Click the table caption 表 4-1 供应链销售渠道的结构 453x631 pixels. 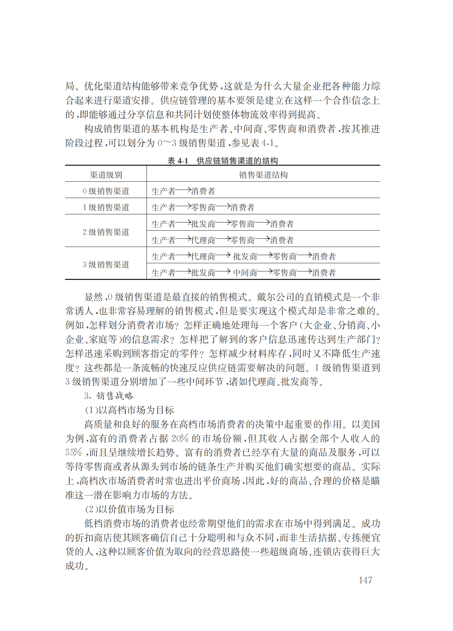pos(223,160)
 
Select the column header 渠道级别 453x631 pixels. pos(106,175)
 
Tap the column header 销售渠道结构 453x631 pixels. pos(263,175)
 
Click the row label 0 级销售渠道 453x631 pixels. pos(106,191)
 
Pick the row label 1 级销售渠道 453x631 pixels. pos(106,207)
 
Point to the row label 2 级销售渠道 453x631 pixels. pos(106,232)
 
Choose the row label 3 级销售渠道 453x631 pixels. pos(106,264)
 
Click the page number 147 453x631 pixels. pos(365,580)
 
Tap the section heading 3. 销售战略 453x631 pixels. pos(109,396)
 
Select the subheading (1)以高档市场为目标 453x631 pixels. pos(129,410)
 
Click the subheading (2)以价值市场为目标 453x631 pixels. pos(129,509)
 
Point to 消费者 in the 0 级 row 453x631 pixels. pos(203,191)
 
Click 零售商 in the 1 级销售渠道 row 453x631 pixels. pos(203,208)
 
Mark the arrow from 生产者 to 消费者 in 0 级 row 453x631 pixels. pos(183,190)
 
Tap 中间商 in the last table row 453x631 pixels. pos(245,273)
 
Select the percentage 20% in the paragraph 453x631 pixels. pos(180,438)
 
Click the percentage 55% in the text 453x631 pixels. pos(74,453)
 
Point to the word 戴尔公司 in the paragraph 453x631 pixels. pos(275,297)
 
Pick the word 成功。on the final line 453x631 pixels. pos(77,566)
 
